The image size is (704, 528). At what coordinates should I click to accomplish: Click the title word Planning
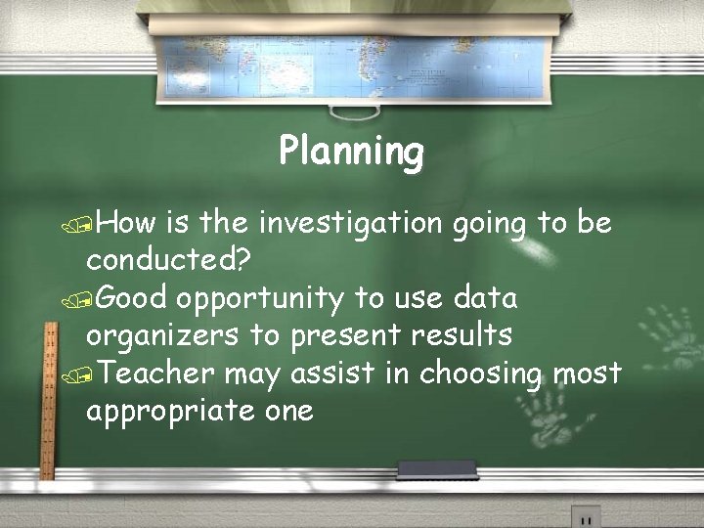tap(351, 153)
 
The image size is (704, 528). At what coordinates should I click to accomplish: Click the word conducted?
tap(168, 261)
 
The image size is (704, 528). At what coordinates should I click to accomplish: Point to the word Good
tap(132, 298)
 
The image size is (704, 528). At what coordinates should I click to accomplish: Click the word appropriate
tap(170, 412)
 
